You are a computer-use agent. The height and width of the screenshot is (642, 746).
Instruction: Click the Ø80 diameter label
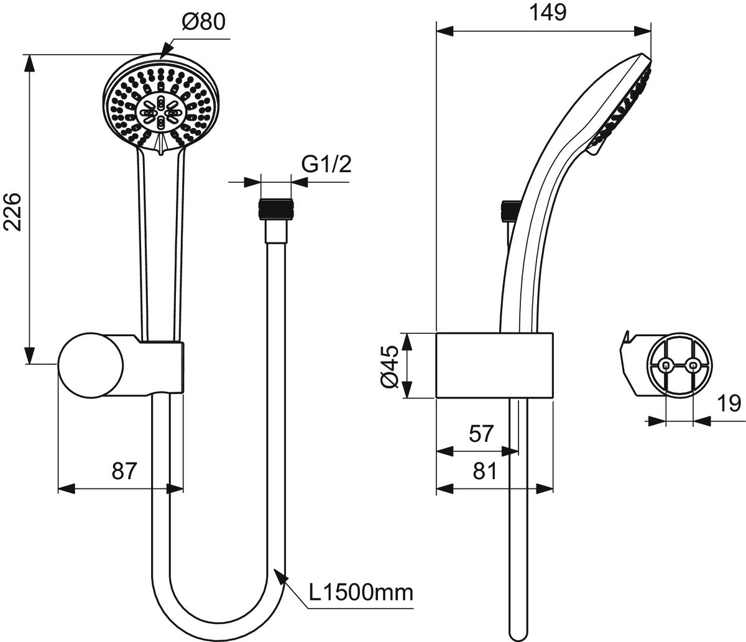[x=203, y=22]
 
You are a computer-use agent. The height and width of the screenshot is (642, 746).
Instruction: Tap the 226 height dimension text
[x=12, y=212]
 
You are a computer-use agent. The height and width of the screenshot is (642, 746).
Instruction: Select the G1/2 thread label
[x=326, y=165]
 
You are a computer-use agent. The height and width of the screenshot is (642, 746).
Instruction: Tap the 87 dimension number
[x=124, y=470]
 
